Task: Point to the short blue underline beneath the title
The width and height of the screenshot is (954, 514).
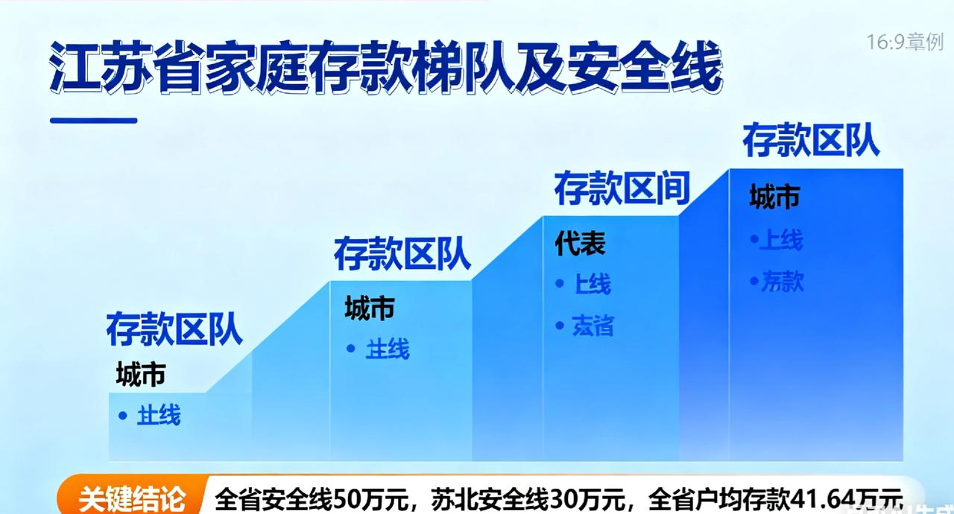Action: coord(93,119)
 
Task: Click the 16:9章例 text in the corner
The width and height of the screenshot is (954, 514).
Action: coord(904,42)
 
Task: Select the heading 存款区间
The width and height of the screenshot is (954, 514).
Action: coord(622,189)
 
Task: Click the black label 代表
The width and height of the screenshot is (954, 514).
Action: coord(580,244)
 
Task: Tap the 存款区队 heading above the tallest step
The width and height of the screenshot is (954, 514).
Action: coord(811,140)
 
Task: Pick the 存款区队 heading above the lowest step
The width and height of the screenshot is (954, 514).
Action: coord(174,330)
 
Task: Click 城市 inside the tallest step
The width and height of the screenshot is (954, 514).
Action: coord(774,197)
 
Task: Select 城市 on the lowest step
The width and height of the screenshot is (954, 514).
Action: coord(140,375)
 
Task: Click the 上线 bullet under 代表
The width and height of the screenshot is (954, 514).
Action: coord(592,284)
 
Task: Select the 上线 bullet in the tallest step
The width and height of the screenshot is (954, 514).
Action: coord(780,241)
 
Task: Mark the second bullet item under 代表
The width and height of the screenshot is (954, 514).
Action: coord(593,326)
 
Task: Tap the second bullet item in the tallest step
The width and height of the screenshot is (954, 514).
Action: coord(782,282)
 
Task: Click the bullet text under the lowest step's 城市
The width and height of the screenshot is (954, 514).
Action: coord(158,416)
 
